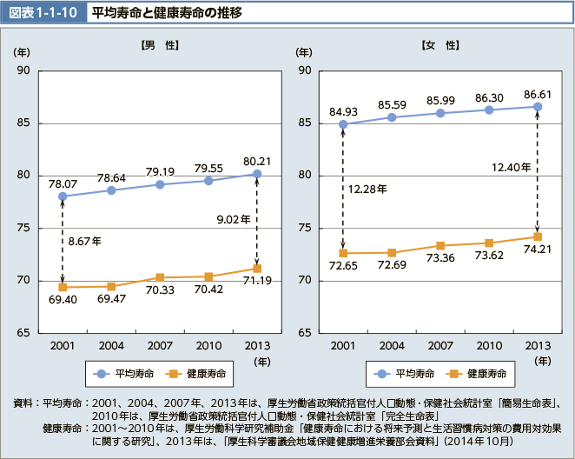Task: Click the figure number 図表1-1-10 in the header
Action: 43,13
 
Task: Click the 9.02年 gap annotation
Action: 234,220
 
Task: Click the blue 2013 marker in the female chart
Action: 538,107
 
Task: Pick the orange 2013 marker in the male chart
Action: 257,268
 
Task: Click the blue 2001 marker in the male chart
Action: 63,196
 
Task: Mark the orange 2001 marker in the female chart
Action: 343,253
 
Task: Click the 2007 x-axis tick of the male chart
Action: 160,345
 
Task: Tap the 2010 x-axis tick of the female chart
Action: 489,345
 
